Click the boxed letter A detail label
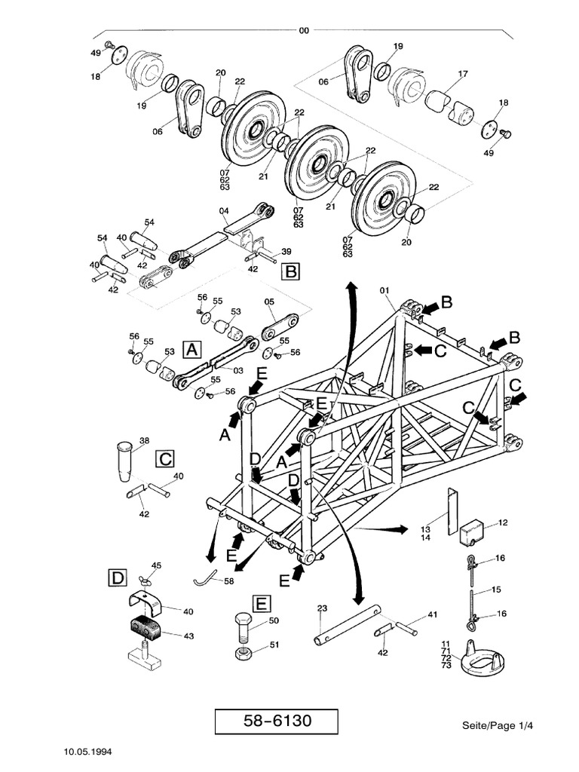pyautogui.click(x=193, y=349)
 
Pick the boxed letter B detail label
pyautogui.click(x=290, y=271)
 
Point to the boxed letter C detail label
pyautogui.click(x=165, y=458)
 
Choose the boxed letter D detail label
pyautogui.click(x=116, y=578)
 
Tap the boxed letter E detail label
pyautogui.click(x=260, y=603)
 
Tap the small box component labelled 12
pyautogui.click(x=473, y=532)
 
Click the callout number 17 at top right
pyautogui.click(x=462, y=74)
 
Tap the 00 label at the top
pyautogui.click(x=304, y=31)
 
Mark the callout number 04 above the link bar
pyautogui.click(x=224, y=210)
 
